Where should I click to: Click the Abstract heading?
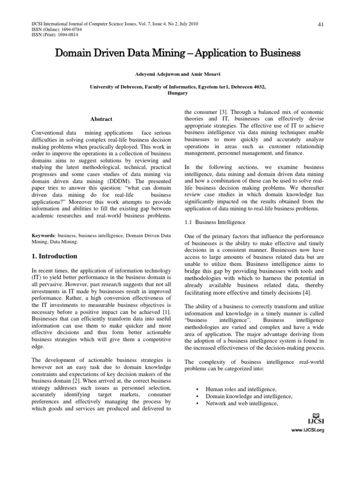101,119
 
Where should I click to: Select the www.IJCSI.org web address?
307,430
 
